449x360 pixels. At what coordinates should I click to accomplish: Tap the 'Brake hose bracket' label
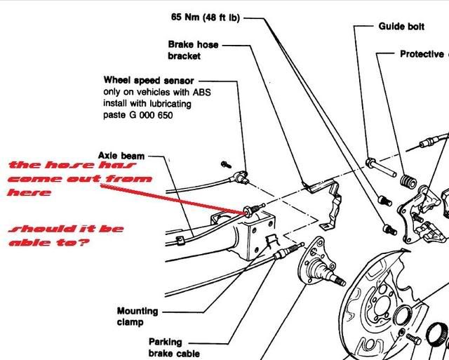[x=193, y=49]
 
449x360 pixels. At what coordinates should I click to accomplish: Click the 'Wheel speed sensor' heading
[x=149, y=81]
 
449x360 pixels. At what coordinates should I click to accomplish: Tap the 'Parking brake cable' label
[x=174, y=347]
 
